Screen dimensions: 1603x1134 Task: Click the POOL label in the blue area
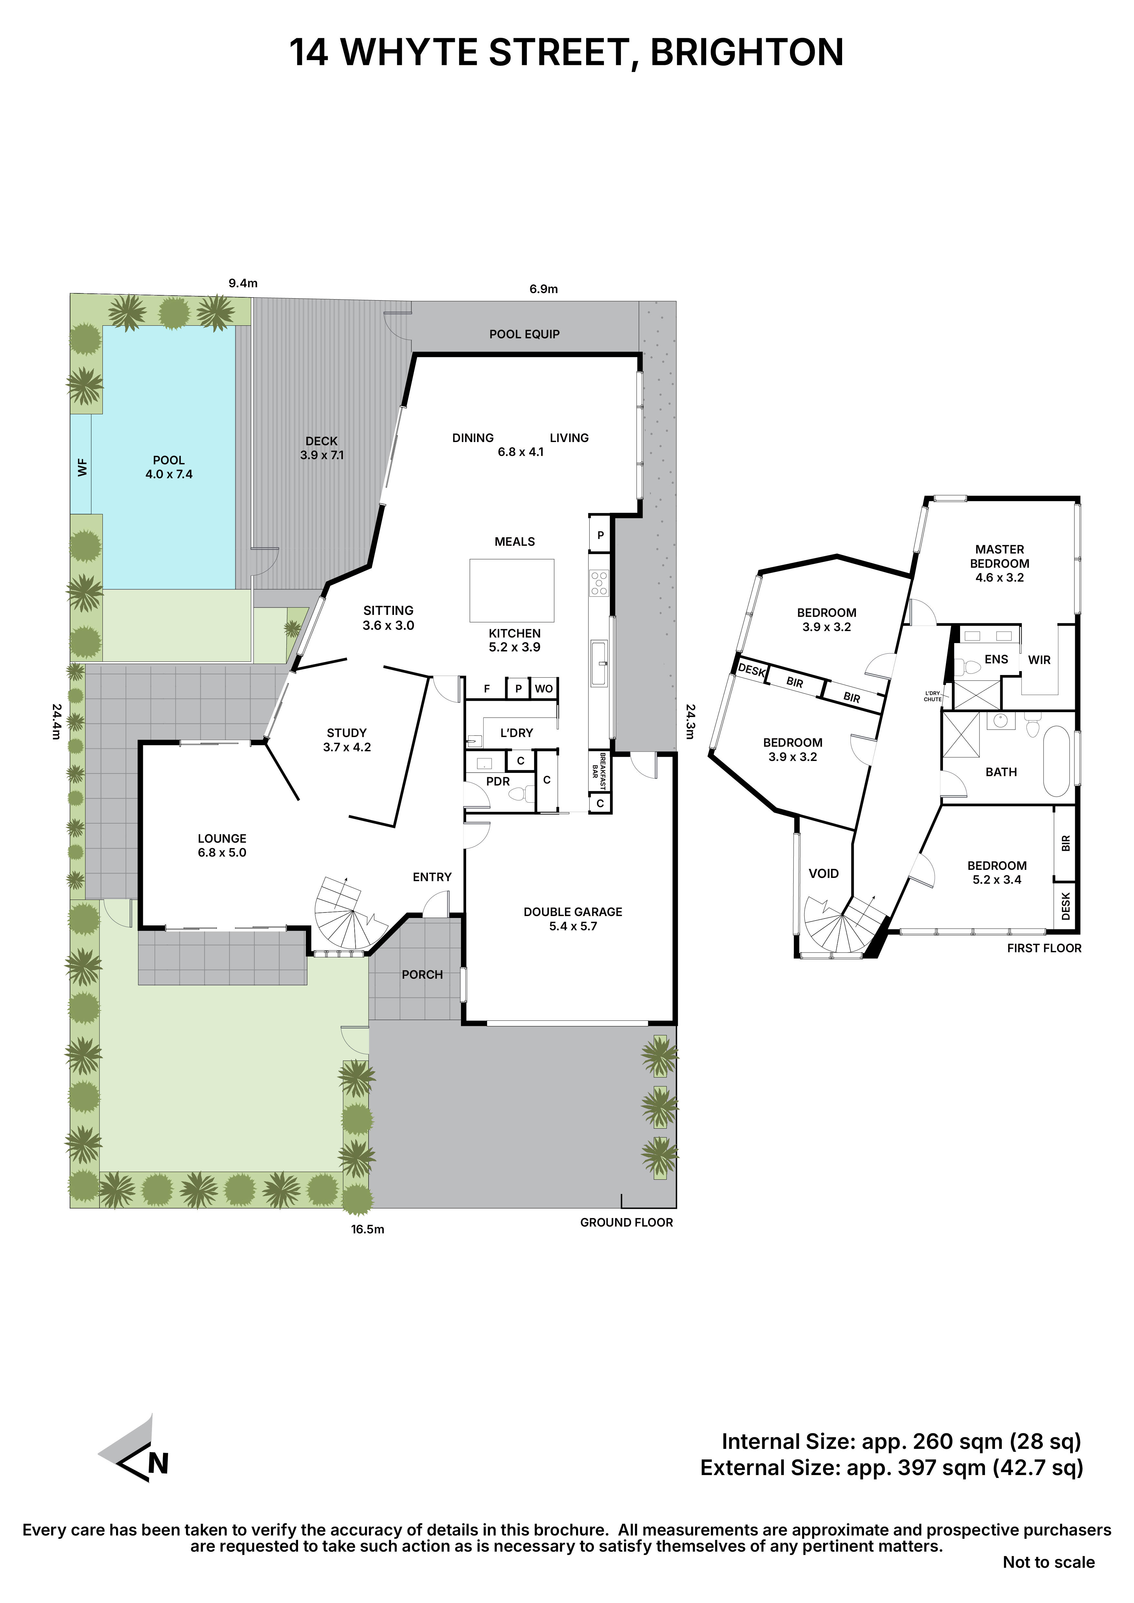pos(168,461)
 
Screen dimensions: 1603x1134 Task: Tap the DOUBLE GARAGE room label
pos(572,912)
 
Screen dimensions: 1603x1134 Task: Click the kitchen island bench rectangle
pos(512,590)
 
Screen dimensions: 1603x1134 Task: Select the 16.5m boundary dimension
pos(367,1229)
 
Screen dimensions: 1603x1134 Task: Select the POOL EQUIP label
pos(524,334)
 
